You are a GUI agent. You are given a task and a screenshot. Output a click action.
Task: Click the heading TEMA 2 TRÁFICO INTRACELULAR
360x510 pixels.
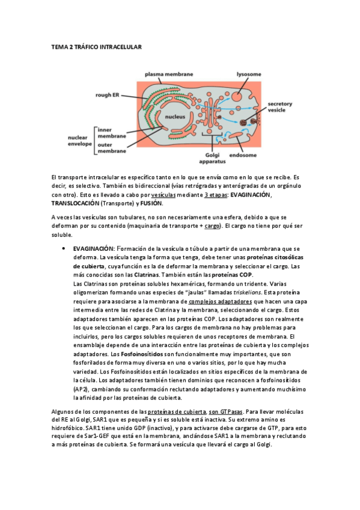coord(96,46)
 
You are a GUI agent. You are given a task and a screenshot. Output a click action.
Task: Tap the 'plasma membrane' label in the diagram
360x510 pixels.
coord(169,74)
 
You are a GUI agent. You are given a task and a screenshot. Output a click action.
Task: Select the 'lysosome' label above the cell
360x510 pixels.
coord(248,74)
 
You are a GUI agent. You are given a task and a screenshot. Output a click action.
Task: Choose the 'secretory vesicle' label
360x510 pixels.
coord(280,107)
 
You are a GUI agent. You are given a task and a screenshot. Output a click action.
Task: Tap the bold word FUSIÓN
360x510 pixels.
coord(154,203)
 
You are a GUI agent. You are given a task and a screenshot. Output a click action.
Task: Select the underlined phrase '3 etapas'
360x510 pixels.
coord(216,195)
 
